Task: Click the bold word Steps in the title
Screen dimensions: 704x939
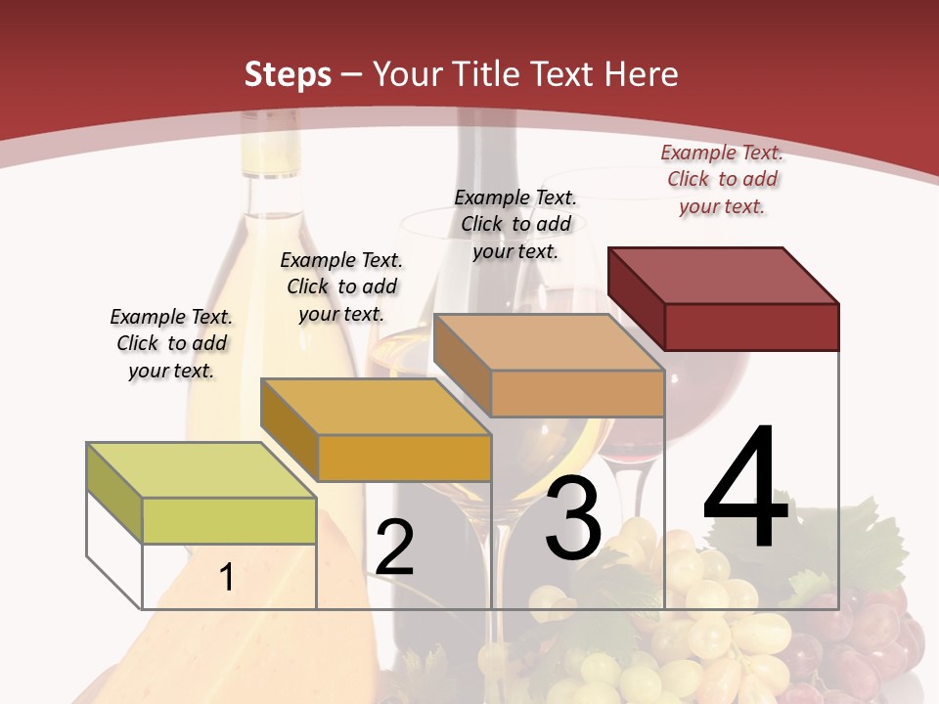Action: point(288,74)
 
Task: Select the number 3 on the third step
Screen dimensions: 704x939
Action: point(573,518)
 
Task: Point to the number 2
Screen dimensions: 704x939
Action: point(394,548)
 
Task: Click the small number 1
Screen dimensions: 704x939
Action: point(227,577)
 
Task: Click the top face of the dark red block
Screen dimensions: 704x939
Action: point(724,276)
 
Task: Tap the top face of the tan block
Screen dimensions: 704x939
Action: point(550,342)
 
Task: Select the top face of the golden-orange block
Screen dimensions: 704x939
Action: point(376,407)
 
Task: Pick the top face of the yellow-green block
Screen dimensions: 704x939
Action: point(201,470)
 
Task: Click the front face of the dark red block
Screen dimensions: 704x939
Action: point(751,327)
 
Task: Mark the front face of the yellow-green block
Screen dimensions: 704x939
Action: point(229,520)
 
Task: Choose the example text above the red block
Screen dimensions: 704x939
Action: point(722,179)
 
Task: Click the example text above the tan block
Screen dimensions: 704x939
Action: point(515,224)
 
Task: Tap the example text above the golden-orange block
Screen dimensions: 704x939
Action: point(341,286)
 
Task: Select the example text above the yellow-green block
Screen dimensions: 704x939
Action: point(171,343)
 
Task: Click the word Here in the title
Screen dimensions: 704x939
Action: point(642,74)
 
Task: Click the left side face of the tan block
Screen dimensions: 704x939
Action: point(462,365)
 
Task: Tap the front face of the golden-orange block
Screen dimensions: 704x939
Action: point(404,458)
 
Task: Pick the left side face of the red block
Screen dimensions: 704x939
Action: point(637,298)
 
